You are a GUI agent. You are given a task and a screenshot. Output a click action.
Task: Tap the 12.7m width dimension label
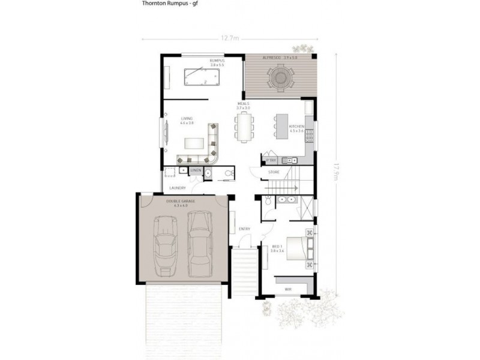[229, 39]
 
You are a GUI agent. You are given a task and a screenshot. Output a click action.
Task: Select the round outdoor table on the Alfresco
[281, 76]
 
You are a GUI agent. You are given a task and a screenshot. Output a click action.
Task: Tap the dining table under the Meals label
[244, 126]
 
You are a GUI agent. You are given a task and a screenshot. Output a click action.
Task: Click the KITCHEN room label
[296, 127]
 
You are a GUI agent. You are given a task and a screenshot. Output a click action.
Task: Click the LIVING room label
[187, 119]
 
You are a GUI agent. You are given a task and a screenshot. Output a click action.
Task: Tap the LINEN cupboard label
[196, 171]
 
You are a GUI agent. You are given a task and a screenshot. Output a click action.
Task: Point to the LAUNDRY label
[178, 187]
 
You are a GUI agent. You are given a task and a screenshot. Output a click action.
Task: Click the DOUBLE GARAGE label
[181, 202]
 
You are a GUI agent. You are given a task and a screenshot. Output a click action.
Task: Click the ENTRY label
[244, 229]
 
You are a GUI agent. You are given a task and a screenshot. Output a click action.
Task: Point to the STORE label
[274, 172]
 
